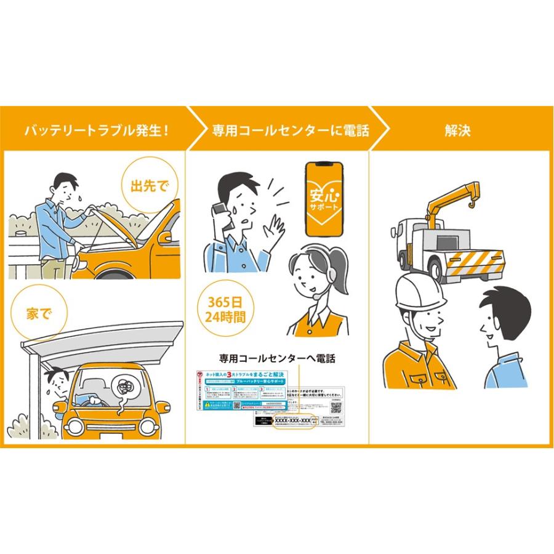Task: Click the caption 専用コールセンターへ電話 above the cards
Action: pos(277,358)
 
